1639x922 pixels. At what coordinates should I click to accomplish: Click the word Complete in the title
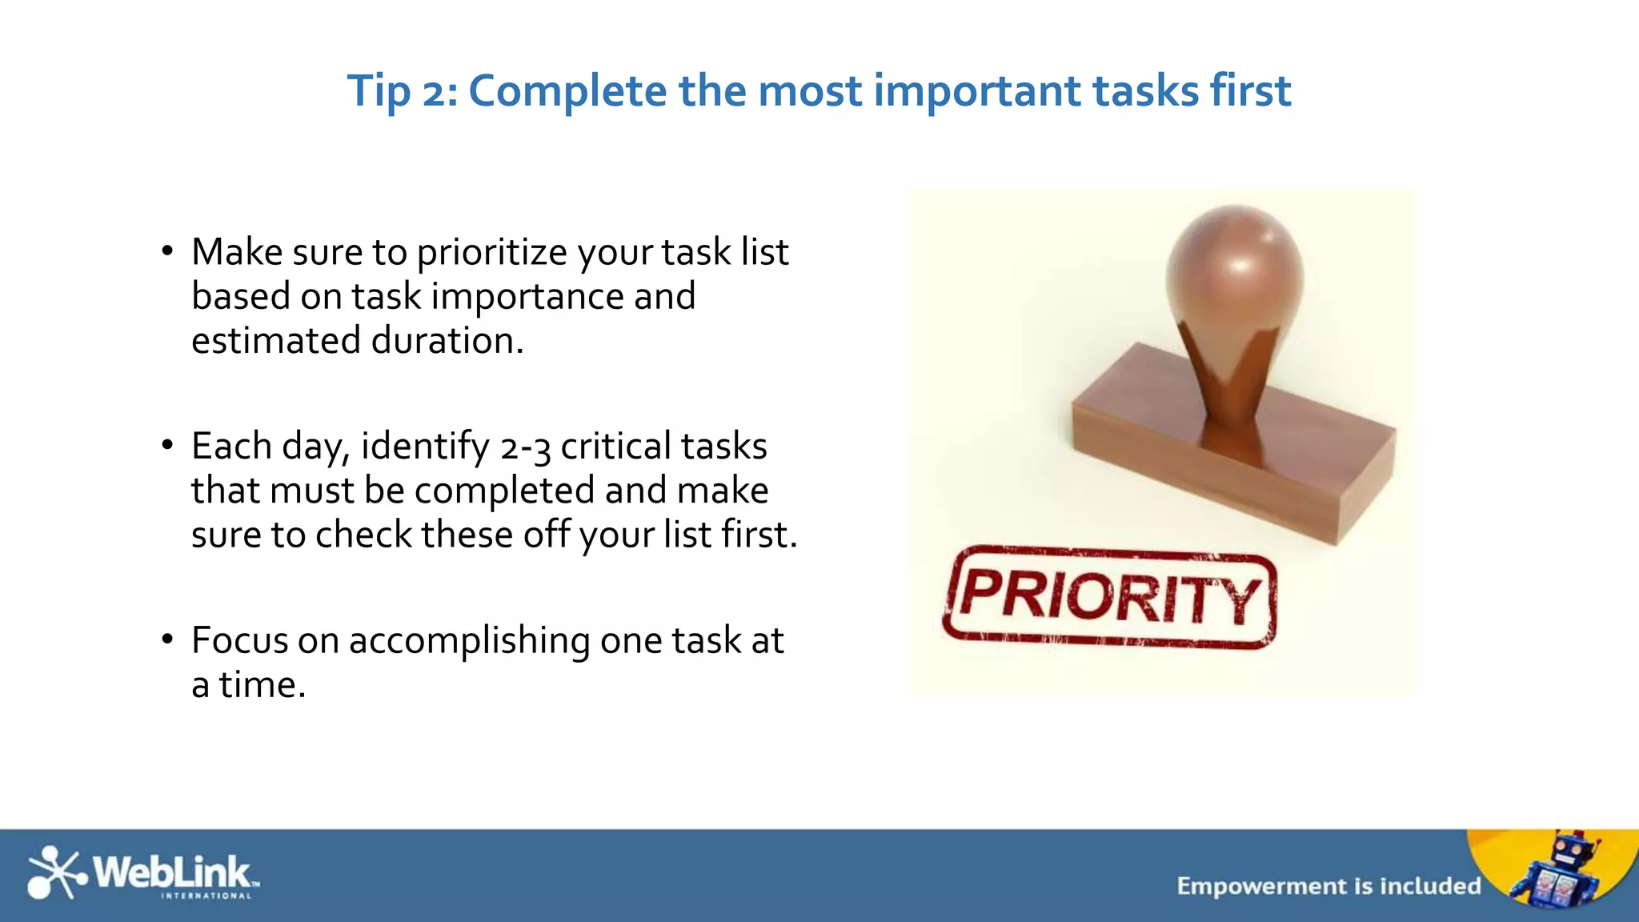tap(567, 90)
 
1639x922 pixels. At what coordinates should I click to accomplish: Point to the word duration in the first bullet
tap(447, 341)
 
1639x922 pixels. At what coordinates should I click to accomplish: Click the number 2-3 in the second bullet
tap(525, 447)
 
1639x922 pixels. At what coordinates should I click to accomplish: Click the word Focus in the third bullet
tap(239, 641)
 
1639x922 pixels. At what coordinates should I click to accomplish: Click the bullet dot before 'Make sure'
tap(166, 251)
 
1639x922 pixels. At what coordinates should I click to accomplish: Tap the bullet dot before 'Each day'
tap(166, 445)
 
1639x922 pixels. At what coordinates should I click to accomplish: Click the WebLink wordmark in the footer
tap(172, 871)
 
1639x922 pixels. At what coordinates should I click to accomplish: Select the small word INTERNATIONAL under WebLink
tap(206, 896)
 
